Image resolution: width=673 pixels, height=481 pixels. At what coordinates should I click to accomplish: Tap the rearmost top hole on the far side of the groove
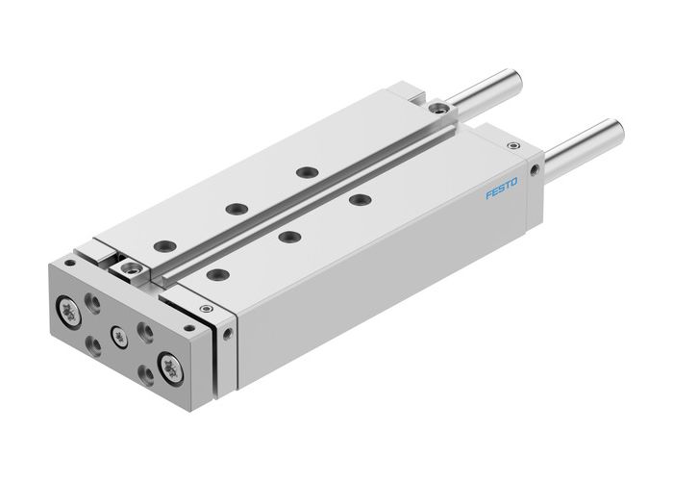307,172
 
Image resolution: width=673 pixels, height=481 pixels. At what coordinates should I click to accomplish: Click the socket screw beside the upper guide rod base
438,109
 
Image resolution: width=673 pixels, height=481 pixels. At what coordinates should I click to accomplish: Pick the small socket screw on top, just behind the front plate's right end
204,309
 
